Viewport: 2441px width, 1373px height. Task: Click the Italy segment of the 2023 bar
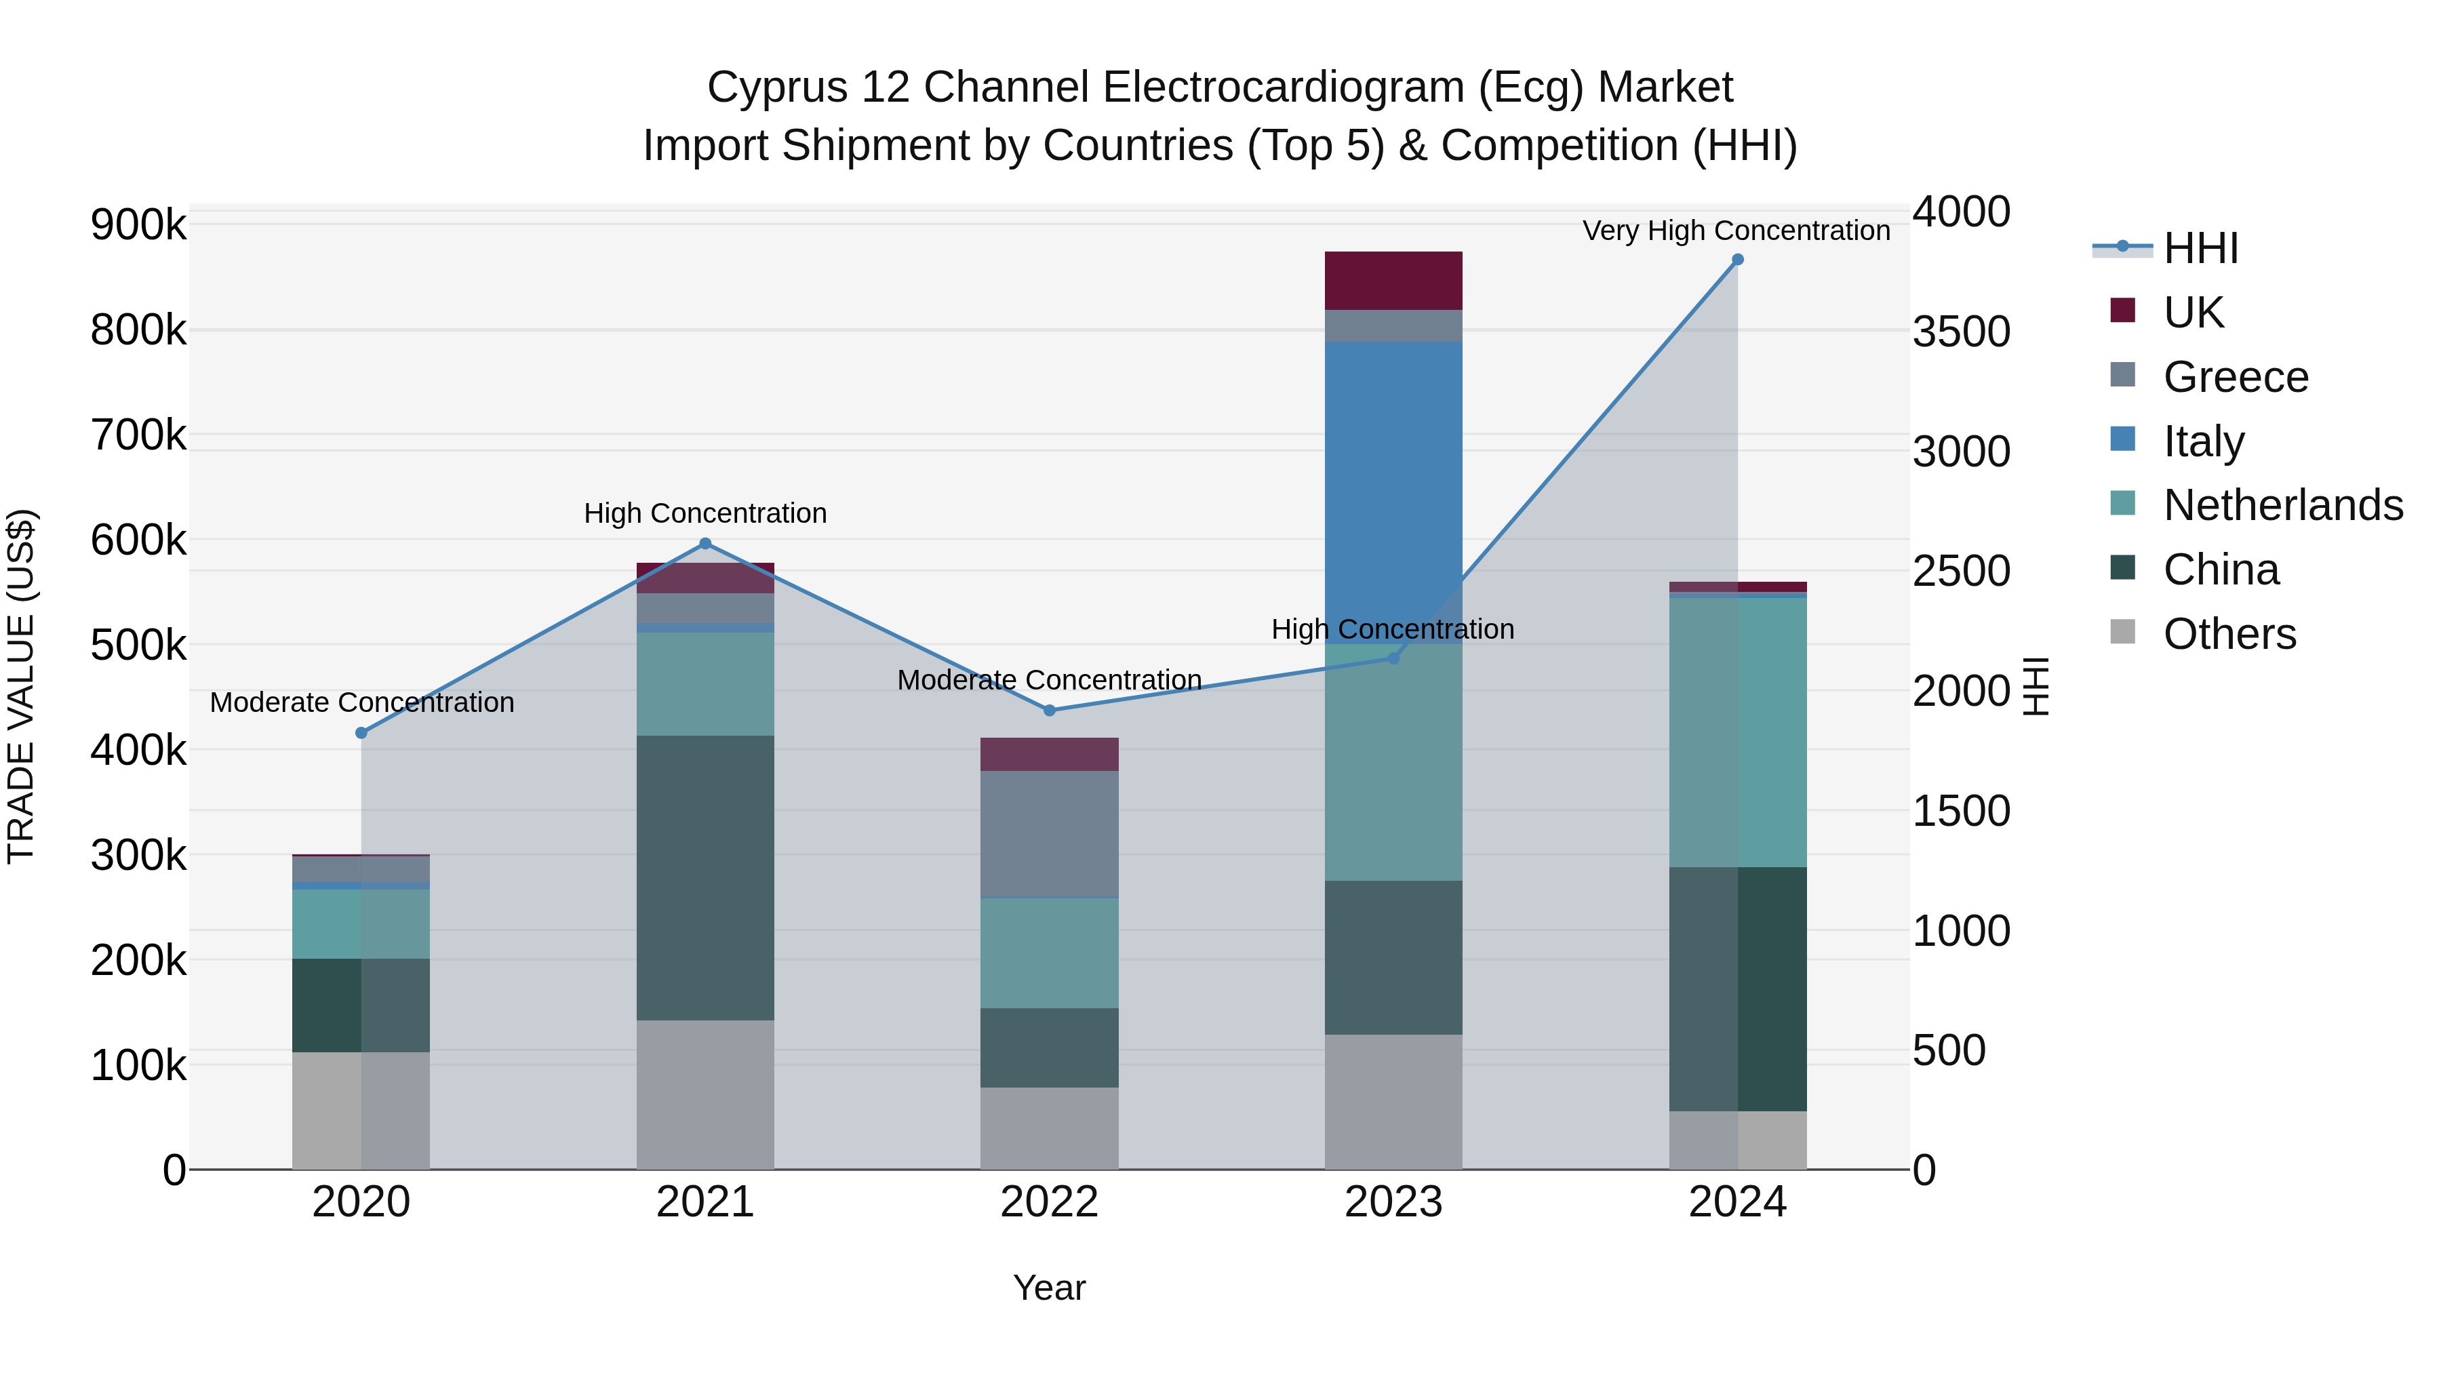pyautogui.click(x=1392, y=493)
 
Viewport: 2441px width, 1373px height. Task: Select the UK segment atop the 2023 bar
pyautogui.click(x=1392, y=281)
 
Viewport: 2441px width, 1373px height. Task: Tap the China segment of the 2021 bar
pyautogui.click(x=705, y=877)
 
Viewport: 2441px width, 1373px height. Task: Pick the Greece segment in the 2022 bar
pyautogui.click(x=1049, y=834)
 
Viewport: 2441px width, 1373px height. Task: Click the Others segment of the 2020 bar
pyautogui.click(x=360, y=1111)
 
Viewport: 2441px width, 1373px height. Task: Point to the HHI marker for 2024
pyautogui.click(x=1737, y=260)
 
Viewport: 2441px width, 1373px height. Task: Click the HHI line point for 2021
pyautogui.click(x=705, y=544)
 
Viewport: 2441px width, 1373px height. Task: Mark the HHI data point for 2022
pyautogui.click(x=1049, y=711)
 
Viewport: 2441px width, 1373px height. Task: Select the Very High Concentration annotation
pyautogui.click(x=1736, y=231)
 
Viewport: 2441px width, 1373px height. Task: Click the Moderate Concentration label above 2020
pyautogui.click(x=362, y=702)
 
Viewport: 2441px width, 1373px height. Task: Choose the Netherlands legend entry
pyautogui.click(x=2282, y=505)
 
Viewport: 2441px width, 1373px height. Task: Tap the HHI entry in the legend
pyautogui.click(x=2200, y=248)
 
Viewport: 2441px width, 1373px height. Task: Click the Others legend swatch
pyautogui.click(x=2122, y=632)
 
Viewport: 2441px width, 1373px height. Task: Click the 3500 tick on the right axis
pyautogui.click(x=1960, y=332)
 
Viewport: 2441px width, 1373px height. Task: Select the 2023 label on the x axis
pyautogui.click(x=1392, y=1202)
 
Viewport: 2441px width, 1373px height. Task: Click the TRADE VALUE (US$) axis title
pyautogui.click(x=21, y=686)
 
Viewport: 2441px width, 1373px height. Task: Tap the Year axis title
pyautogui.click(x=1049, y=1288)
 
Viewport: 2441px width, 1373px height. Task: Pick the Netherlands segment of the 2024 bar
pyautogui.click(x=1737, y=732)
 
